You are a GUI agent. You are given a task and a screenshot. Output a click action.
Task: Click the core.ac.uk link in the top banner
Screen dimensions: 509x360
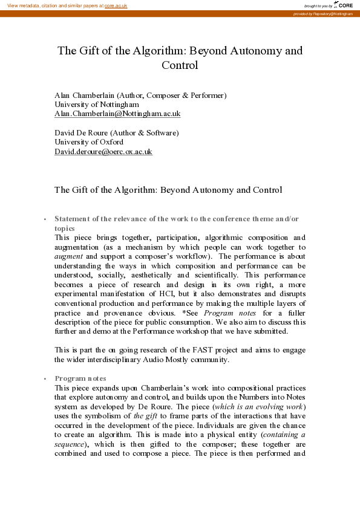(116, 5)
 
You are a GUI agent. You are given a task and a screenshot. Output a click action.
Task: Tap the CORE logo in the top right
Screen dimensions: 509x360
(341, 5)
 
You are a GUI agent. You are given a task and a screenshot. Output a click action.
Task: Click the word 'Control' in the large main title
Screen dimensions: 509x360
(180, 65)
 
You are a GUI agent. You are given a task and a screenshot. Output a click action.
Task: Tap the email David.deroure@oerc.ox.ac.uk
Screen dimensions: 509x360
(103, 152)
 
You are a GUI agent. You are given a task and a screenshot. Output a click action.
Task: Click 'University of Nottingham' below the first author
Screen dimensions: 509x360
(96, 105)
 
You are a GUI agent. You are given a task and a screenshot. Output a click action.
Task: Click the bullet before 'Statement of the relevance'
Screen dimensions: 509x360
(45, 219)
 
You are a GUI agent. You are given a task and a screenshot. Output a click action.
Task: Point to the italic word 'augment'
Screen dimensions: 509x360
(69, 256)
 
